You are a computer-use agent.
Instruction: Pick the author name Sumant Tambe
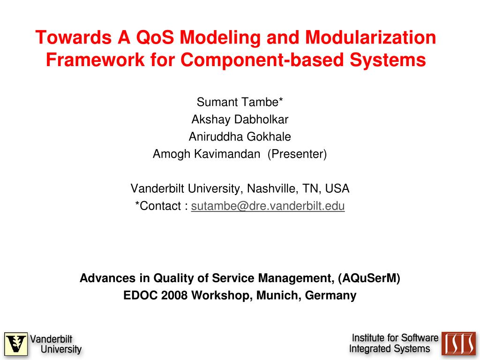240,102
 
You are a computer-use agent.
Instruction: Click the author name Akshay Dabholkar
240,120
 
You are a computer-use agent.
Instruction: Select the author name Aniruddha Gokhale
240,137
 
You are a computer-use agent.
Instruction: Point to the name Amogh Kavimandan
206,154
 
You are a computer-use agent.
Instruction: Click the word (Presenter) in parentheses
297,154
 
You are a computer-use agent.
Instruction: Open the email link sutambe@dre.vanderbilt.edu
268,206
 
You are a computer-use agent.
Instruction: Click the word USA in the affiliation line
337,189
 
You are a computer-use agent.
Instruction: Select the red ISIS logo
458,344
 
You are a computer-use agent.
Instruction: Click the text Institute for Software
395,338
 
